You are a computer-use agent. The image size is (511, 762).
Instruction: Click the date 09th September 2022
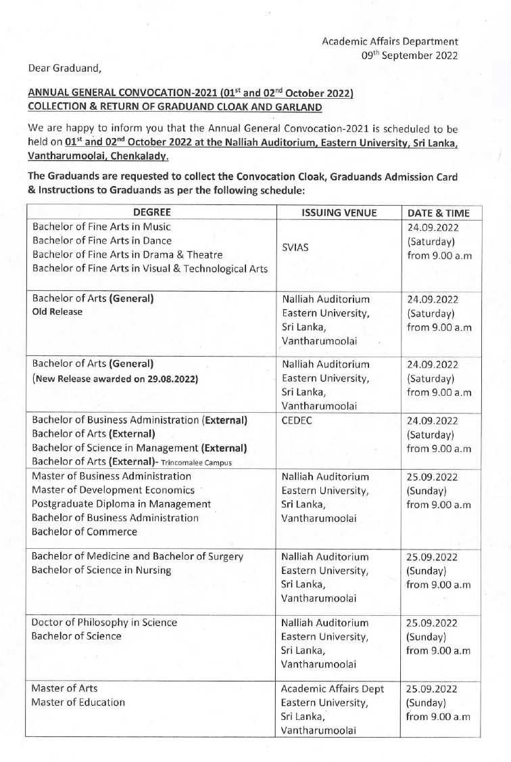click(410, 55)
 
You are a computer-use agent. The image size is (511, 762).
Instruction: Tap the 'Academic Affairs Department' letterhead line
click(390, 42)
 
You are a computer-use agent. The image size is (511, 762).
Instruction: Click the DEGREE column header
click(151, 212)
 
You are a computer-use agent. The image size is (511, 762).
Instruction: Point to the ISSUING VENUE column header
click(339, 212)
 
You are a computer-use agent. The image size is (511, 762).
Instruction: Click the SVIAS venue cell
click(295, 248)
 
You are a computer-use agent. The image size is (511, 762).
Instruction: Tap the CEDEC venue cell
click(297, 420)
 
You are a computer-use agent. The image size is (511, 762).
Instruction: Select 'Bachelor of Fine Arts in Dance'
click(102, 241)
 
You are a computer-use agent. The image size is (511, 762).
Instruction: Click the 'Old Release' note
click(57, 312)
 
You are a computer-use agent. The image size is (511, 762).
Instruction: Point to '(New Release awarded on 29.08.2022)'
click(115, 379)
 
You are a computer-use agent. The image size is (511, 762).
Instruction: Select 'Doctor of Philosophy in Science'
click(104, 623)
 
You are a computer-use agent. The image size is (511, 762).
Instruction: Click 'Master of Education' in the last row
click(78, 702)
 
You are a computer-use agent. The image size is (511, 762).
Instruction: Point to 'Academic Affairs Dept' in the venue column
click(333, 689)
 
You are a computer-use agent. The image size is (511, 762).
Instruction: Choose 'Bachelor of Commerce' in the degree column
click(84, 532)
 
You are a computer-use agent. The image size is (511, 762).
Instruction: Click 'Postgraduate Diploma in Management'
click(121, 504)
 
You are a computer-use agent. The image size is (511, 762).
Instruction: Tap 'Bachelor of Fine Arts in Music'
click(101, 227)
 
